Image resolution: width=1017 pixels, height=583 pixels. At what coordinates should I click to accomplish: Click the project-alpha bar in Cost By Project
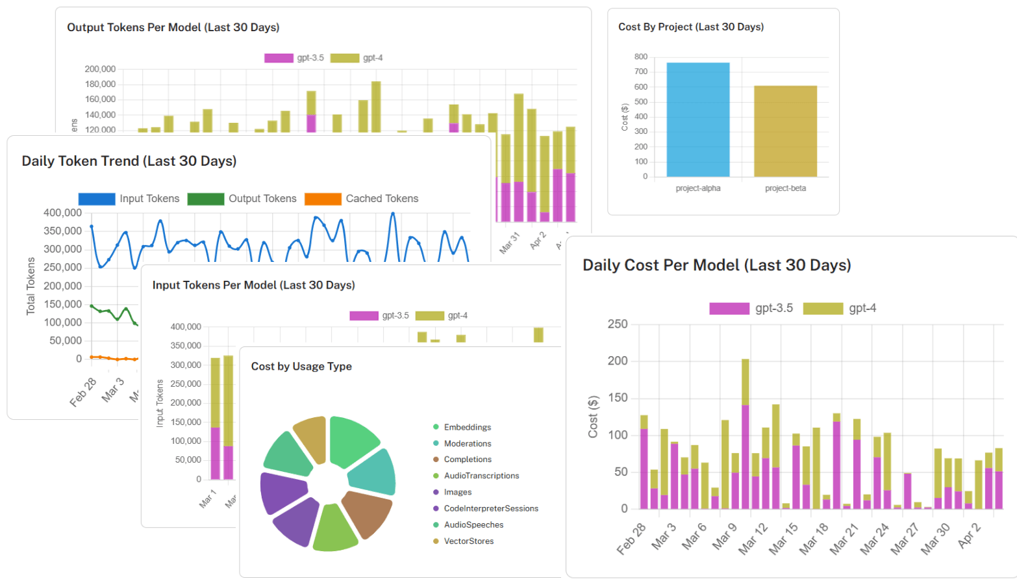click(x=697, y=120)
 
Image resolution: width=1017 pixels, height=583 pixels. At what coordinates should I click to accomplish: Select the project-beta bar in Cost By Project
click(x=785, y=131)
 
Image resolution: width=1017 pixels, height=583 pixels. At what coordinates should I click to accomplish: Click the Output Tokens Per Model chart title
click(x=173, y=27)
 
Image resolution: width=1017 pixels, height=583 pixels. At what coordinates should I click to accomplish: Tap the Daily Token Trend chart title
click(x=129, y=161)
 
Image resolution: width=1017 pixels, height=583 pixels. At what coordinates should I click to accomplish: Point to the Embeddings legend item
click(x=467, y=427)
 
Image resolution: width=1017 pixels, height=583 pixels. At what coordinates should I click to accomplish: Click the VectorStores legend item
click(x=468, y=541)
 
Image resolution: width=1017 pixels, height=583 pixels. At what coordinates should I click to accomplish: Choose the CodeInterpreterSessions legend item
click(x=490, y=508)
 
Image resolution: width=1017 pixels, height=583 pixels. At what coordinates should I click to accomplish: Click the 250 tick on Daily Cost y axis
click(x=617, y=324)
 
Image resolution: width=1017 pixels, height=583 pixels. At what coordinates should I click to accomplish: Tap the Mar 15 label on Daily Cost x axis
click(x=783, y=538)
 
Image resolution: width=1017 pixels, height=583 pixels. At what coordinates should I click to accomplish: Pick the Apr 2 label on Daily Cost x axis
click(x=969, y=535)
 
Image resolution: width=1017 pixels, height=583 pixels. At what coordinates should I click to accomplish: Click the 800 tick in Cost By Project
click(x=640, y=57)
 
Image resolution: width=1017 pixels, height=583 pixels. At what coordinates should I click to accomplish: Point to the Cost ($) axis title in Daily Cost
click(x=592, y=417)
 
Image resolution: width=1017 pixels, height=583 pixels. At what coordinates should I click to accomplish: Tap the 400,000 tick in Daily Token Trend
click(x=62, y=213)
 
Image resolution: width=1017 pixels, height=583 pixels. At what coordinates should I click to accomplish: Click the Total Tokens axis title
click(x=31, y=286)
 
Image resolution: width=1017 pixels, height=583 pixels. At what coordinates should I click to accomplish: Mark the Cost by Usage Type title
click(x=301, y=367)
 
